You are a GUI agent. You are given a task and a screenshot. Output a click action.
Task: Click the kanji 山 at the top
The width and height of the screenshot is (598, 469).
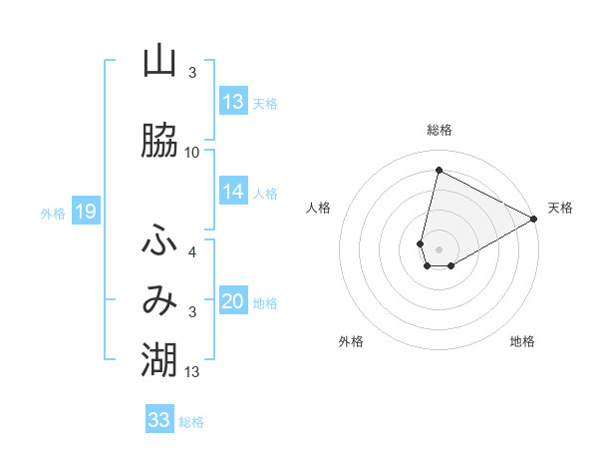click(159, 62)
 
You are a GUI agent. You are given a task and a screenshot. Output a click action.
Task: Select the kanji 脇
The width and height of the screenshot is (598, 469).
click(159, 141)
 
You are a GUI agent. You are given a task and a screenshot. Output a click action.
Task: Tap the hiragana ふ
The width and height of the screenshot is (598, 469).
click(159, 240)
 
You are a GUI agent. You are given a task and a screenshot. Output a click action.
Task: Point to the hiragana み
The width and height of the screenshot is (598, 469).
click(159, 301)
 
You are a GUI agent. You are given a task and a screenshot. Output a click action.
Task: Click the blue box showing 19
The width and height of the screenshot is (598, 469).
click(85, 211)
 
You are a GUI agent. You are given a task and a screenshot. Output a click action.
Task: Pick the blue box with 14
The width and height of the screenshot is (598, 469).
click(233, 192)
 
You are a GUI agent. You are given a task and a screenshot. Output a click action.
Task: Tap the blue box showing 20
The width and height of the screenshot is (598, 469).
click(233, 301)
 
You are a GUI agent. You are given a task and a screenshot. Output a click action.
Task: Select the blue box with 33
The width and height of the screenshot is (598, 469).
click(159, 420)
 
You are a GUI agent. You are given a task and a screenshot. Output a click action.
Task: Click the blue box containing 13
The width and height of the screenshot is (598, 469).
click(233, 102)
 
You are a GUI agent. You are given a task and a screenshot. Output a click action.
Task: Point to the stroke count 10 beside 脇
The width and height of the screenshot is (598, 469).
click(192, 153)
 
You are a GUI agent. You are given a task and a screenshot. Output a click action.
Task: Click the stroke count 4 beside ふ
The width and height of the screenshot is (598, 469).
click(192, 252)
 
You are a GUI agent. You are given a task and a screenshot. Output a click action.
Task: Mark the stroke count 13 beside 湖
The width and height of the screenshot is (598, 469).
click(192, 372)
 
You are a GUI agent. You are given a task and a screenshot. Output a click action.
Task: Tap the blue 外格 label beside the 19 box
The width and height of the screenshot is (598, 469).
click(53, 213)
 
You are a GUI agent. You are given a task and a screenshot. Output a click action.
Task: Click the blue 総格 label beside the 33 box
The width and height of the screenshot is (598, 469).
click(191, 422)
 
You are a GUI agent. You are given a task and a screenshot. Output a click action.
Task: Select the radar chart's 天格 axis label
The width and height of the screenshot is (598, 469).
click(560, 208)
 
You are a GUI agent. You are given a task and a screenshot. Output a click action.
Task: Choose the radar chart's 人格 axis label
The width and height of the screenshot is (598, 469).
click(319, 208)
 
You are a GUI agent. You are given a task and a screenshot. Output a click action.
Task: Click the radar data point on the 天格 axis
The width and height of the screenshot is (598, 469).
click(534, 220)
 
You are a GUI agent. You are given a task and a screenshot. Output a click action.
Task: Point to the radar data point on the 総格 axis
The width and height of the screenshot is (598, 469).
click(439, 170)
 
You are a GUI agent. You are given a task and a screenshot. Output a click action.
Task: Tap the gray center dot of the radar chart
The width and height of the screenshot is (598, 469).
click(439, 248)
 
